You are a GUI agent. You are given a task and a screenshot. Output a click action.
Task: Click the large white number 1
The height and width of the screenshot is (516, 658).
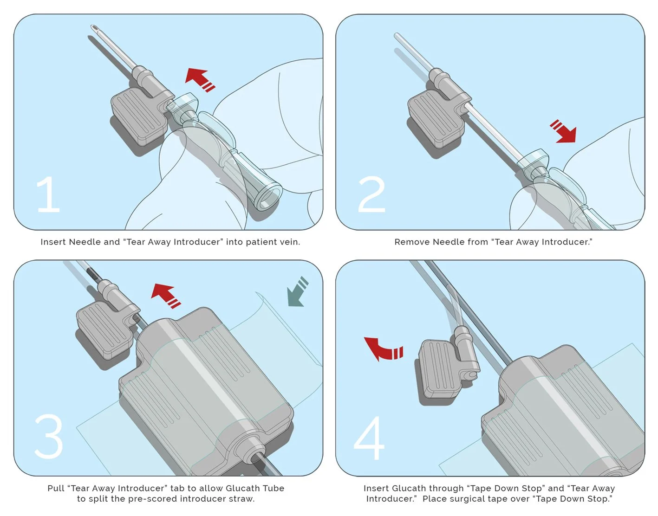[48, 194]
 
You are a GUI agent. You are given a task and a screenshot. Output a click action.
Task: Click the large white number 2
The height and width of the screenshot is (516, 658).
[371, 194]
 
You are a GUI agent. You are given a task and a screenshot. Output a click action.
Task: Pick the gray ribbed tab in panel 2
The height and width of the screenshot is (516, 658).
[435, 118]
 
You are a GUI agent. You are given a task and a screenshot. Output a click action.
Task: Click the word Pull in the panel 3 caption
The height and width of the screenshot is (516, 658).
[56, 488]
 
